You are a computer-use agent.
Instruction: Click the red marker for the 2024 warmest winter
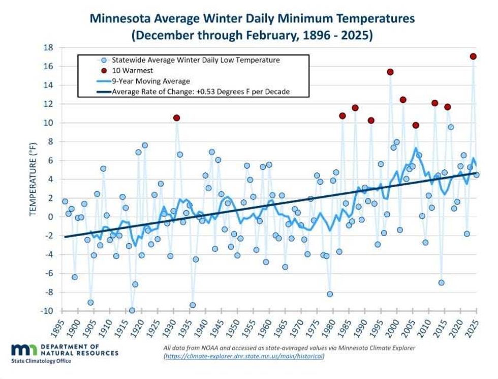(473, 56)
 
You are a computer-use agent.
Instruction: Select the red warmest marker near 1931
(176, 118)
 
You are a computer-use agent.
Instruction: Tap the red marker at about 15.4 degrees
(390, 72)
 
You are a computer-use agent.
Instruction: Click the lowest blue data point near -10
(132, 310)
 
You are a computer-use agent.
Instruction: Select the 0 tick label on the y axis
(51, 217)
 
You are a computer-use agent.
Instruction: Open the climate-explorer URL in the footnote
(244, 356)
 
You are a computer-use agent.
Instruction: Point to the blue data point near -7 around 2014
(442, 282)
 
